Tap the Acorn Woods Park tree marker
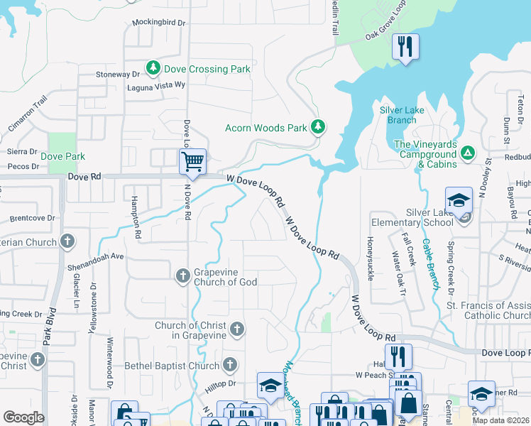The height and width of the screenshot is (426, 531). [x=319, y=127]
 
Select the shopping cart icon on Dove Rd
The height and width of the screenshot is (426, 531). [x=192, y=161]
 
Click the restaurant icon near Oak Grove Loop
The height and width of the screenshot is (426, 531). [x=405, y=47]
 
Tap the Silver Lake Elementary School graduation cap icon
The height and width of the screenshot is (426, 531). [x=459, y=200]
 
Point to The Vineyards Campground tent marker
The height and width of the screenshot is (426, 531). [x=467, y=153]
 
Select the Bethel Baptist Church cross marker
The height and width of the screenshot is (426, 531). [x=229, y=365]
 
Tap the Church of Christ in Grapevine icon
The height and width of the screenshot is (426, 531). [x=237, y=329]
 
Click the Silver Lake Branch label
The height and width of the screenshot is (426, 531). [x=402, y=115]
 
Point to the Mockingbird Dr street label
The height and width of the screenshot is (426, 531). [x=158, y=23]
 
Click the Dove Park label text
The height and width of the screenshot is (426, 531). [x=62, y=156]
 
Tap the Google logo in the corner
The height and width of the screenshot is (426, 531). [x=23, y=417]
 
